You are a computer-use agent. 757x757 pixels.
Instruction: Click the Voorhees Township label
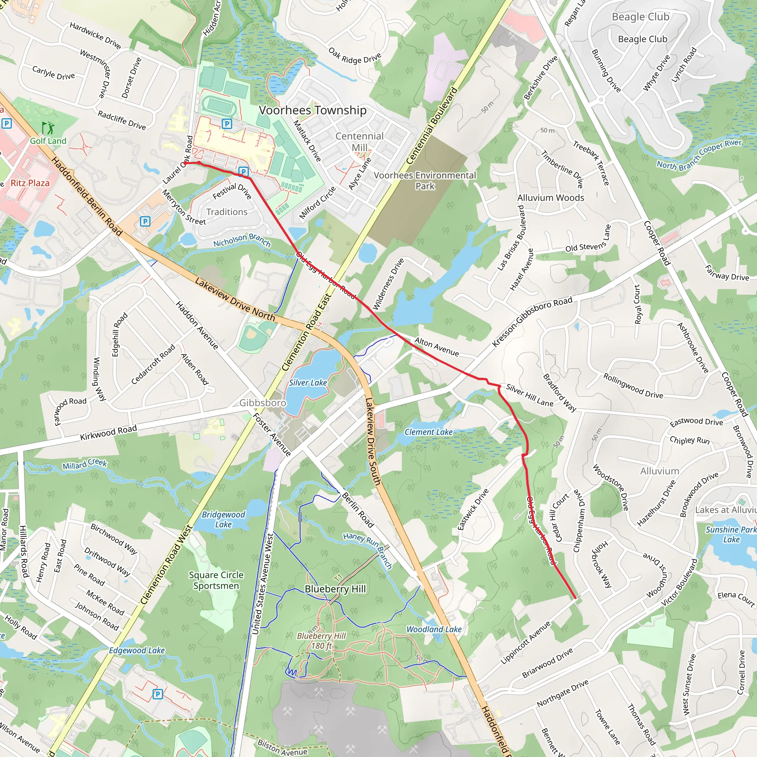point(313,110)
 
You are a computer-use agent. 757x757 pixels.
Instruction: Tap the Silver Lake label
point(308,383)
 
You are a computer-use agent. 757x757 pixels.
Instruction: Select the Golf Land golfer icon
point(48,128)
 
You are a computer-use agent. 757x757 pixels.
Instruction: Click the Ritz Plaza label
point(30,183)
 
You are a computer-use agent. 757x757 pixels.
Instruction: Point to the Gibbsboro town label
point(262,403)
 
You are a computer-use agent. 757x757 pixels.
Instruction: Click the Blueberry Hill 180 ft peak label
point(321,641)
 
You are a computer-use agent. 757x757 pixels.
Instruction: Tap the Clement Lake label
point(428,432)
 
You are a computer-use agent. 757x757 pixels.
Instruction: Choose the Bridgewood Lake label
point(223,520)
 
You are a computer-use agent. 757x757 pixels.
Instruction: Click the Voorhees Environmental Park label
point(425,181)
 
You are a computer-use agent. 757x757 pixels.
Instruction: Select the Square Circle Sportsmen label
point(216,580)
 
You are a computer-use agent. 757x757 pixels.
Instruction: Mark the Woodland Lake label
point(434,629)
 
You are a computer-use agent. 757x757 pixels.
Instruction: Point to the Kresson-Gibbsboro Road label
point(532,322)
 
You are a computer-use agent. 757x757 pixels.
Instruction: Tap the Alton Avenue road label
point(437,347)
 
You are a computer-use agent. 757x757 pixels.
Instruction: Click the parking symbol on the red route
point(243,172)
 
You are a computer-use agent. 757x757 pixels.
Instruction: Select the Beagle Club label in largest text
point(641,17)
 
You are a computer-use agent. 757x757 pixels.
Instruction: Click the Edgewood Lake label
point(137,651)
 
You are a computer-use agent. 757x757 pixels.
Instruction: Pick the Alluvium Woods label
point(550,198)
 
